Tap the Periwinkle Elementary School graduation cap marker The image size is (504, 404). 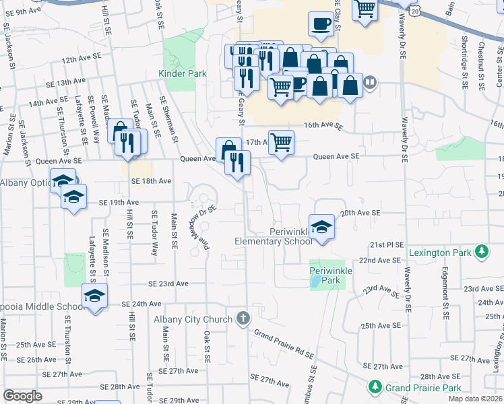pyautogui.click(x=322, y=226)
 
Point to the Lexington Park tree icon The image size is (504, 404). pyautogui.click(x=481, y=252)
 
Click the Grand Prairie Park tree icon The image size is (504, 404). pyautogui.click(x=375, y=388)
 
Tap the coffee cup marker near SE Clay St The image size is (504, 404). pyautogui.click(x=321, y=26)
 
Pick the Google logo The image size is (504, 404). pyautogui.click(x=22, y=396)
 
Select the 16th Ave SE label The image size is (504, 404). pyautogui.click(x=323, y=126)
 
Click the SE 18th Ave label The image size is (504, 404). pyautogui.click(x=151, y=182)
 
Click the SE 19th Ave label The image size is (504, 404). pyautogui.click(x=119, y=202)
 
